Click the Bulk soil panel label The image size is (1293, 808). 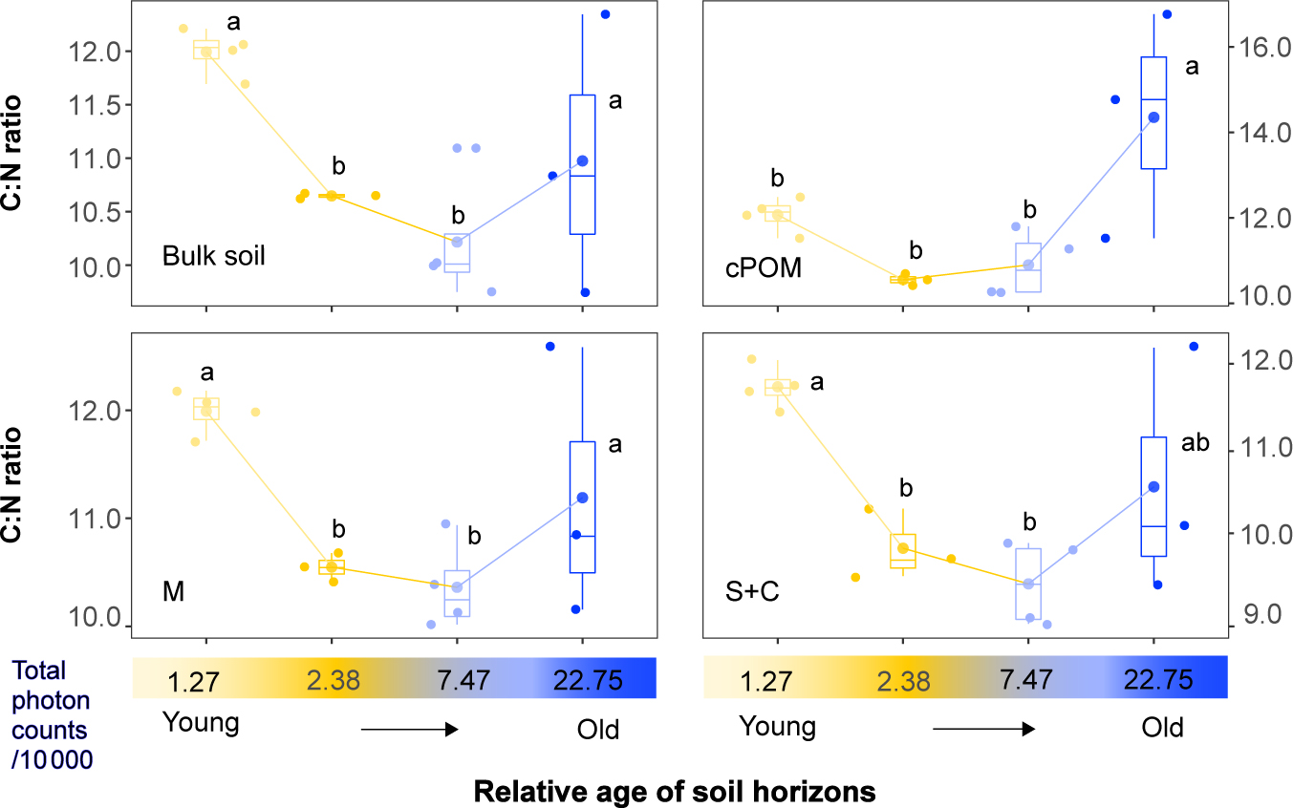click(214, 256)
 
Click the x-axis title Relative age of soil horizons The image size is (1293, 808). click(674, 792)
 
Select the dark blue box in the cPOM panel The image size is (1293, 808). click(1153, 113)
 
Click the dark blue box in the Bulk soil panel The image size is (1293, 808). click(583, 164)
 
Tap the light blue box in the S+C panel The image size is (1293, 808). click(1028, 584)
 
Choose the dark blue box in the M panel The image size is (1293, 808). click(583, 507)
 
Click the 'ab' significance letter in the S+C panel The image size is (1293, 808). click(1196, 443)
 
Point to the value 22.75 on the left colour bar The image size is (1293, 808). click(588, 680)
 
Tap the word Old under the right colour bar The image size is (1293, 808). click(1162, 729)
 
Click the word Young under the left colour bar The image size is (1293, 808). click(200, 723)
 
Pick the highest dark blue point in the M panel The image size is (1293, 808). click(550, 346)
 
